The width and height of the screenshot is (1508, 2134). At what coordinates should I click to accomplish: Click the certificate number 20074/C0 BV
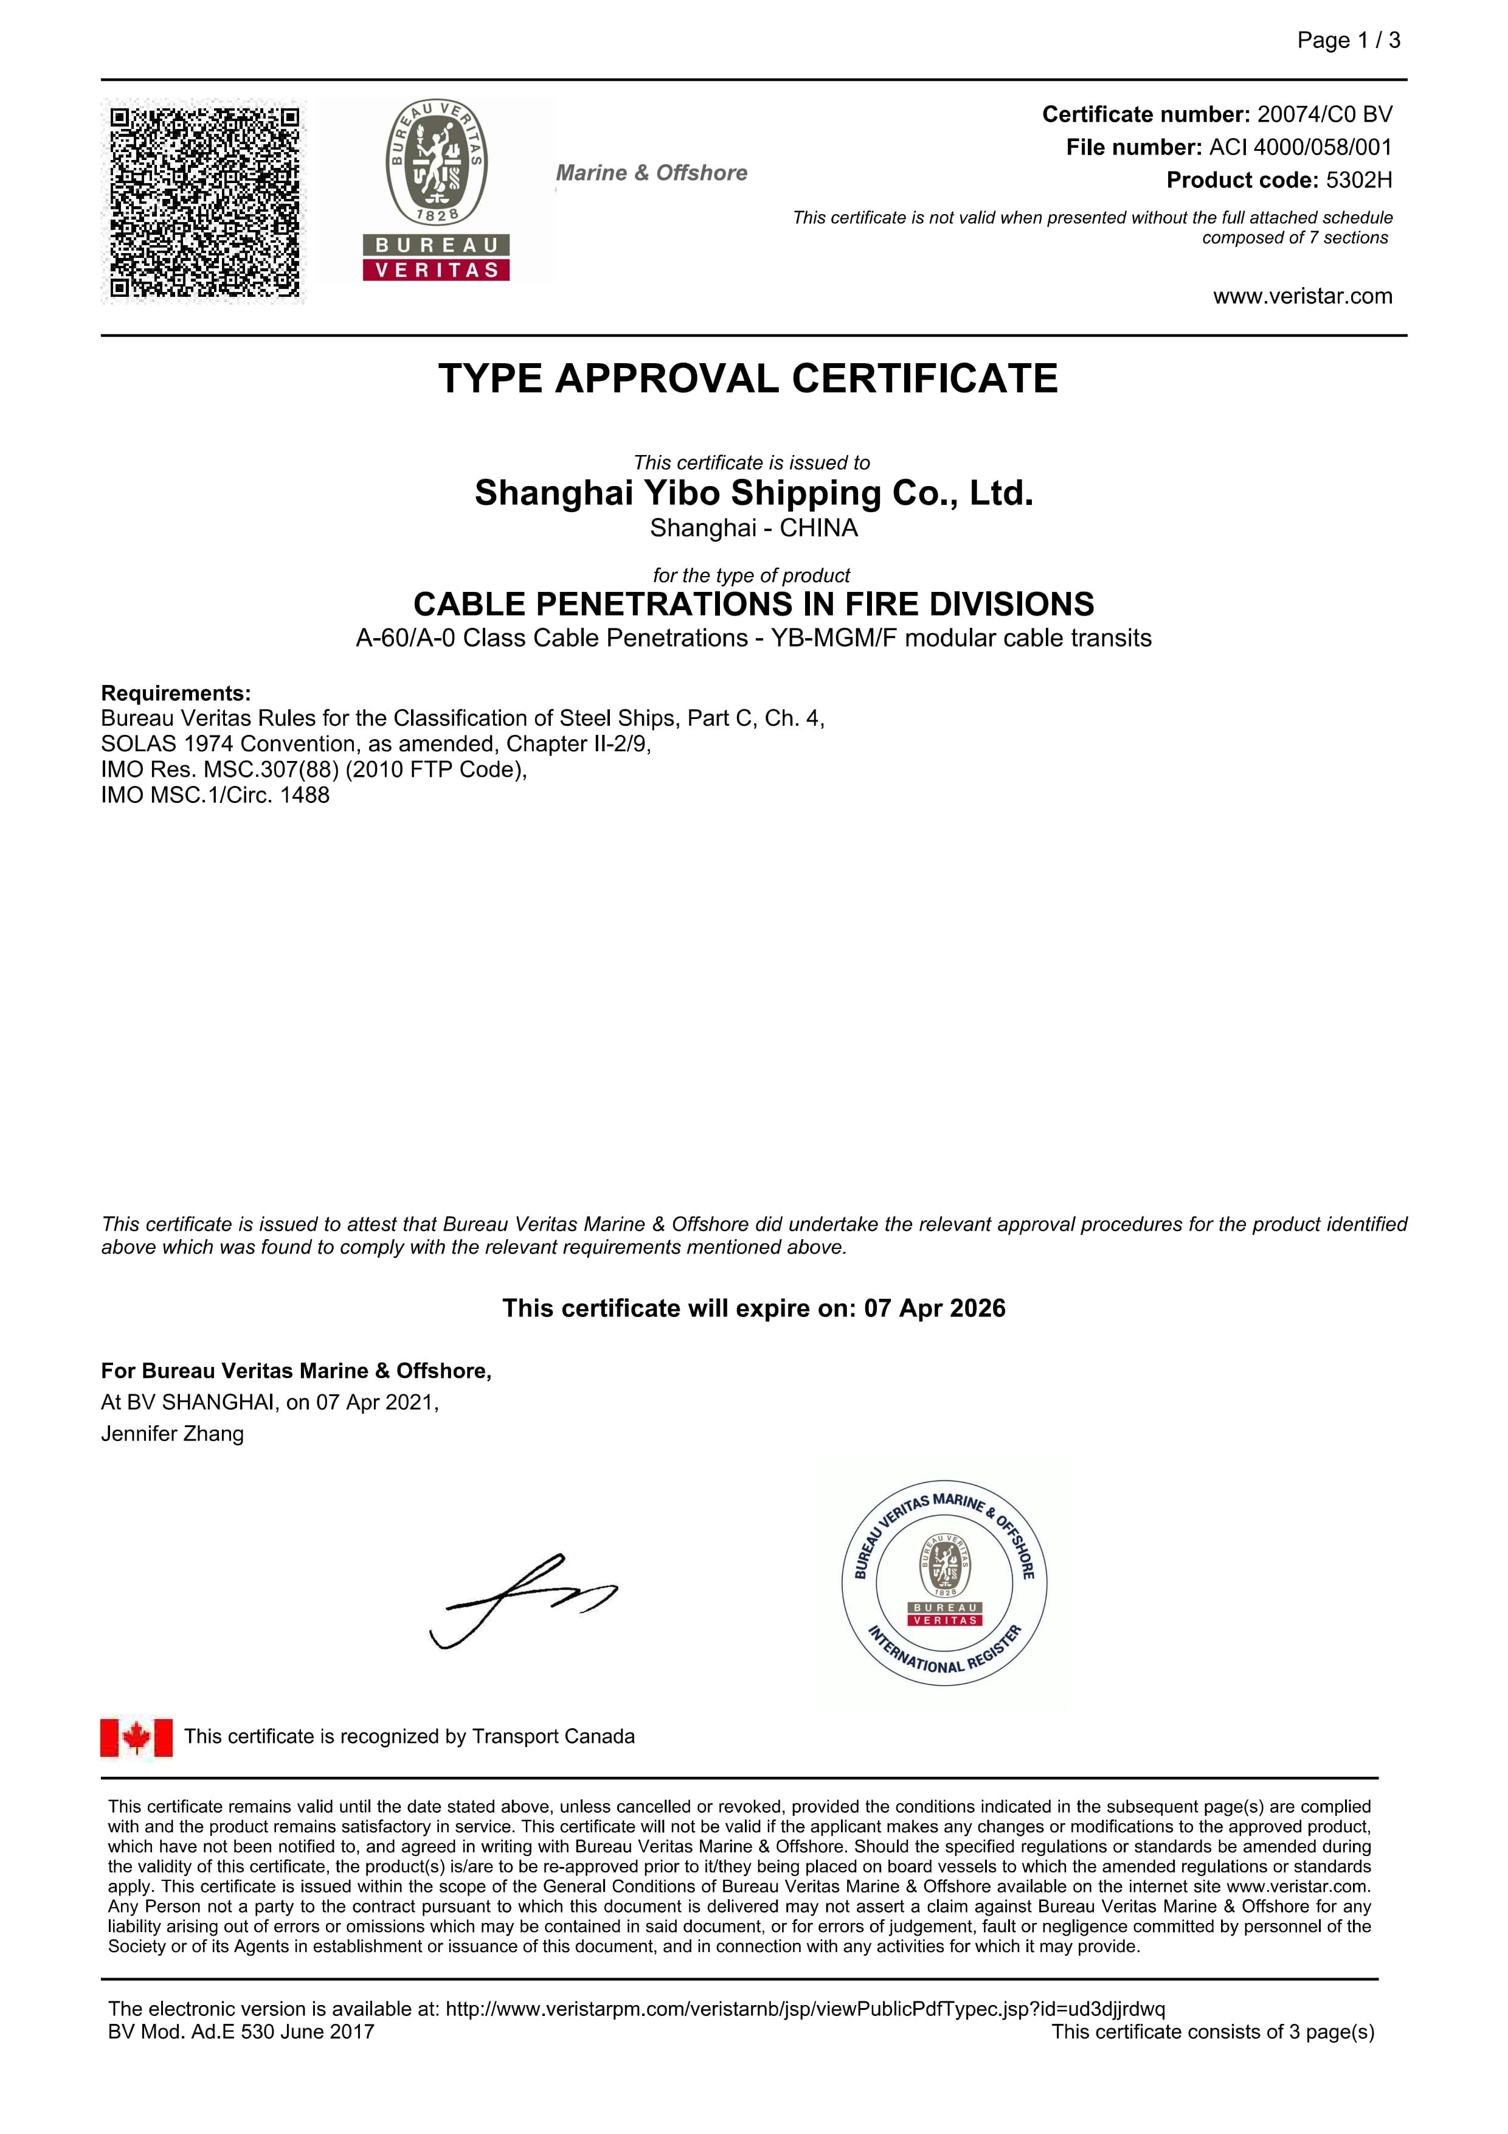click(x=1324, y=114)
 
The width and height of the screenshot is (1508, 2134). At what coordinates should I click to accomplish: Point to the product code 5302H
click(x=1358, y=180)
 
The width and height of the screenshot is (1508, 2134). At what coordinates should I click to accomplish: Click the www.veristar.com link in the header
click(x=1302, y=296)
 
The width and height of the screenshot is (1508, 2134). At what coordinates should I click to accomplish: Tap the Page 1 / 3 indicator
click(x=1348, y=40)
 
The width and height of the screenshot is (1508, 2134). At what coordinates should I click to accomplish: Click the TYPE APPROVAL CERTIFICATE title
click(x=748, y=379)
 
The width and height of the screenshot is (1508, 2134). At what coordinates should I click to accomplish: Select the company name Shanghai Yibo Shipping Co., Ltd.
click(x=753, y=493)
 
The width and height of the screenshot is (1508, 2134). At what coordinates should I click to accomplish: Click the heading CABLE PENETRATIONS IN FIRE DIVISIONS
click(x=753, y=604)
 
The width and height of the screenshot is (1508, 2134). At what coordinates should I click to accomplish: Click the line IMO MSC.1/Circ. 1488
click(x=216, y=796)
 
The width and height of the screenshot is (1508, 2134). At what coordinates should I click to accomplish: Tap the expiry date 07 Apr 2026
click(x=935, y=1309)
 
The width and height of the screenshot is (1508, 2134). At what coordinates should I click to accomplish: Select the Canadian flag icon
click(x=137, y=1737)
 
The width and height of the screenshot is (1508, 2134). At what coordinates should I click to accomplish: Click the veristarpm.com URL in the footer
click(x=804, y=2009)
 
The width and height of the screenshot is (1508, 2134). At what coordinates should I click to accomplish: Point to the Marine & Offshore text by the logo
click(x=651, y=173)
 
